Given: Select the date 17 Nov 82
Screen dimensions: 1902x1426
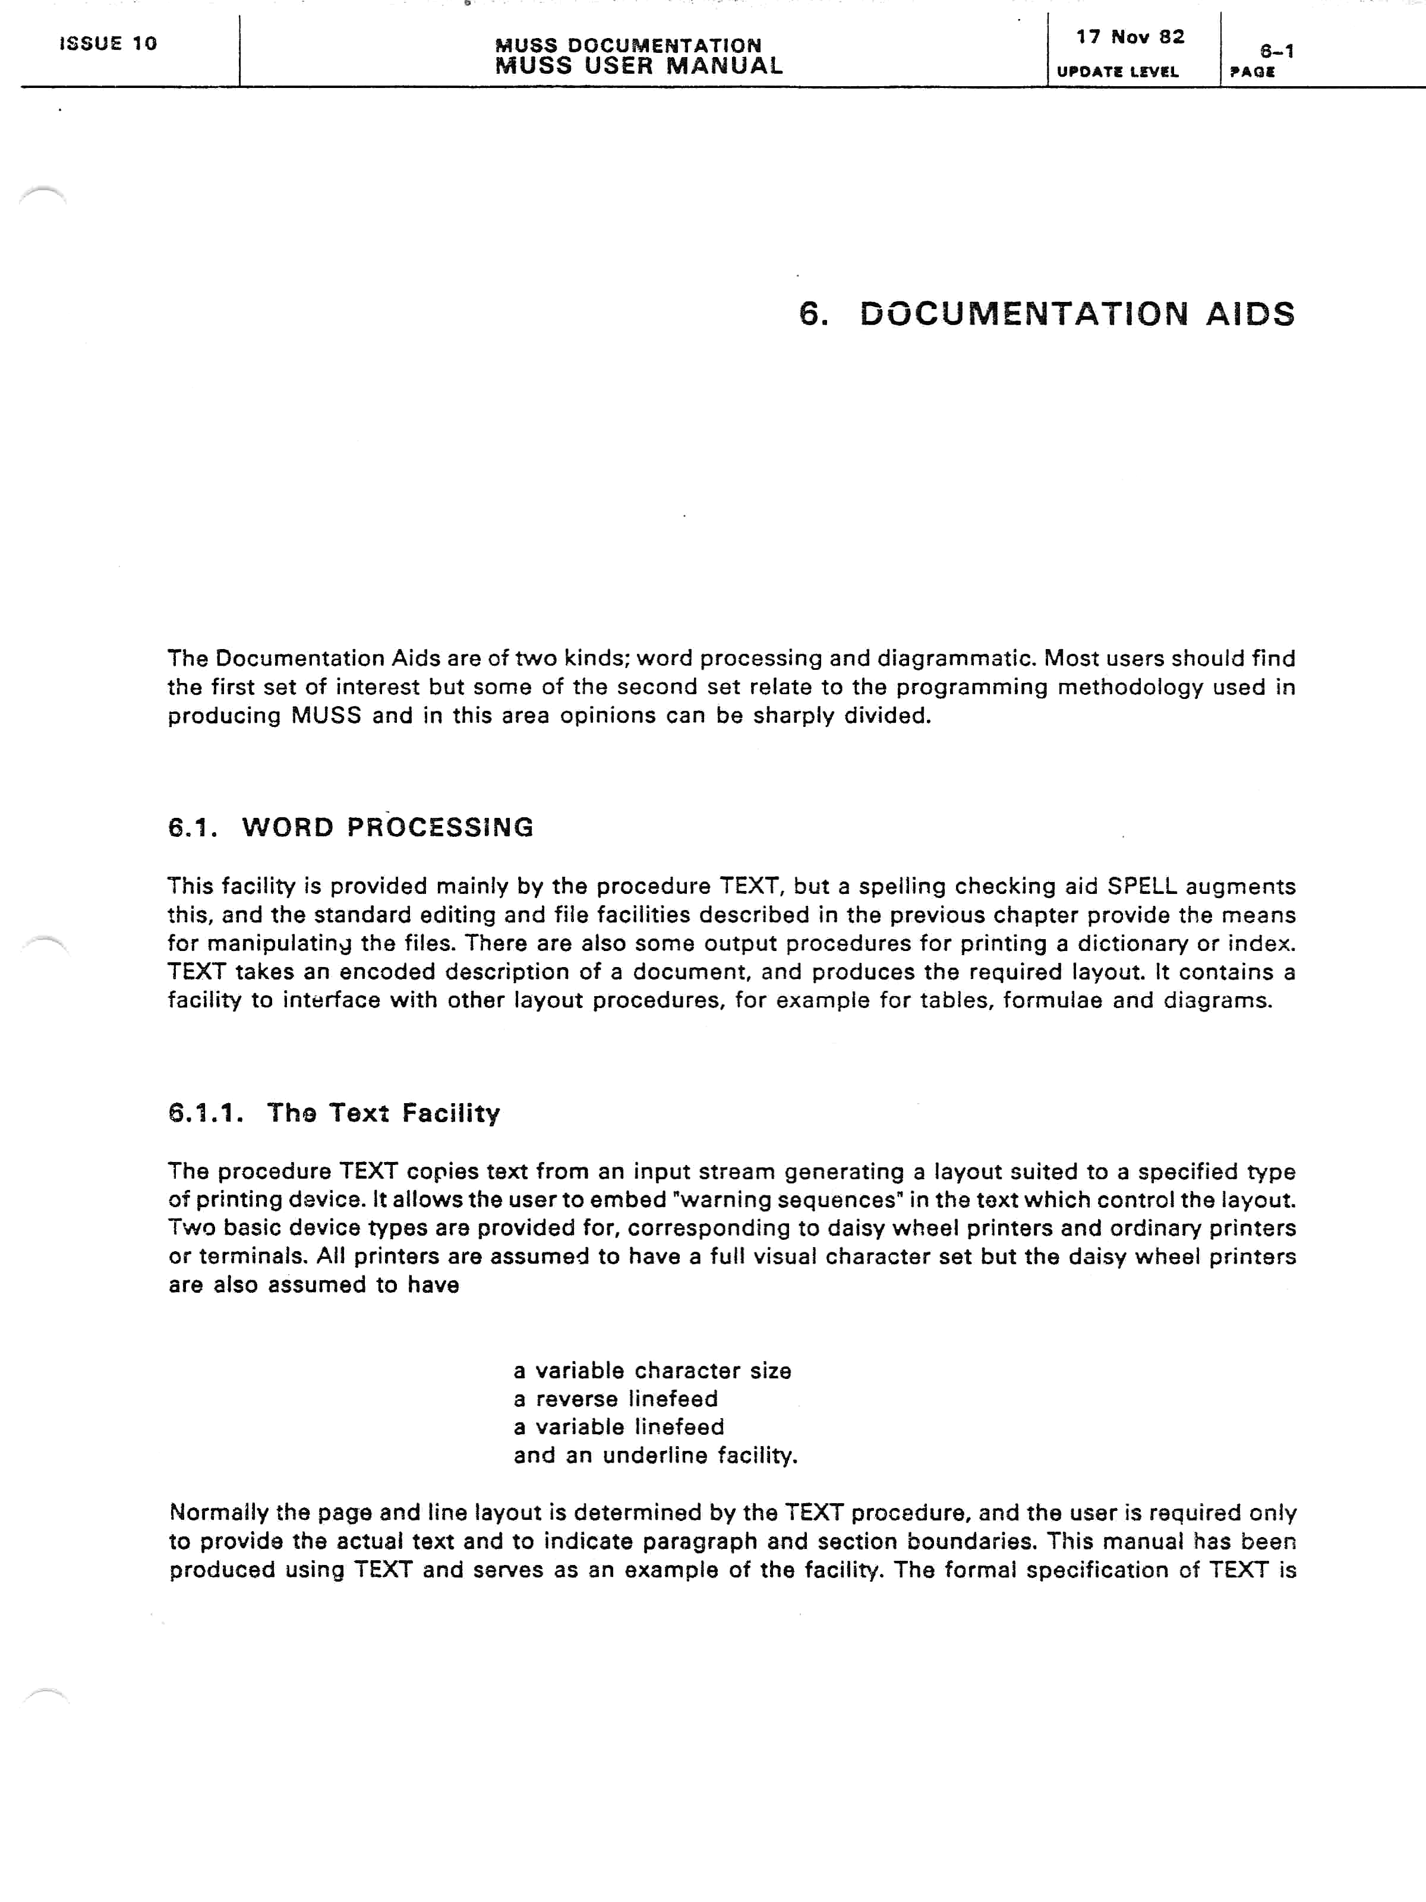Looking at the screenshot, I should click(x=1130, y=37).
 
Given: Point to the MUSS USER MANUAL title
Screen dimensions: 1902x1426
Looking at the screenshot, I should click(x=639, y=66).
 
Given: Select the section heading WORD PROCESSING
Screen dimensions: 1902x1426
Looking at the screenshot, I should click(x=387, y=827).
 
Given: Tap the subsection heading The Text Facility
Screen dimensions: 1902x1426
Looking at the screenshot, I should click(x=383, y=1113).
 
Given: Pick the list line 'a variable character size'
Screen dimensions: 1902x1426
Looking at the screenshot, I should click(x=652, y=1371).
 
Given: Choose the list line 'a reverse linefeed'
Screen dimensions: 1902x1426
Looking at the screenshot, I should click(x=616, y=1399).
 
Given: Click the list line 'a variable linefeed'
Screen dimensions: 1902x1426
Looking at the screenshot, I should click(x=619, y=1427).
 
